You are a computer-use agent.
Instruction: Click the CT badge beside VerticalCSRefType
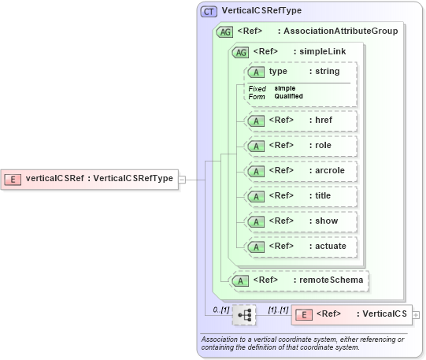point(209,12)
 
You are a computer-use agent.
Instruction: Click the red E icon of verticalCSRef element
point(13,179)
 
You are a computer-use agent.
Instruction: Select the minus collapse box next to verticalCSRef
point(182,179)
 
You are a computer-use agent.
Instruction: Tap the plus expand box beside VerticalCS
point(416,315)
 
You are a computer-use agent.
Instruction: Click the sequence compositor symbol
point(244,315)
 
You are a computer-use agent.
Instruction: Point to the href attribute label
point(323,121)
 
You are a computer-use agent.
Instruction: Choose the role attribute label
point(322,146)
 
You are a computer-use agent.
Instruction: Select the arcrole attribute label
point(329,171)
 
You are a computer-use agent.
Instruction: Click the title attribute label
point(323,196)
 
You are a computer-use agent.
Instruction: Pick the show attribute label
point(325,221)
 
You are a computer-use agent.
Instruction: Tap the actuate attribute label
point(329,247)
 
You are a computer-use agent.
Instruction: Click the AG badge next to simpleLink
point(239,52)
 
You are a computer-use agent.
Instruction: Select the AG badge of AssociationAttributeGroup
point(224,32)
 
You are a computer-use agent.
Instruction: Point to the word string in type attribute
point(327,72)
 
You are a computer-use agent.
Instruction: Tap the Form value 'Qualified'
point(288,97)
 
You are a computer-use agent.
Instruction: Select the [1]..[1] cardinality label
point(278,310)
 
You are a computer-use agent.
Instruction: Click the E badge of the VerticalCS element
point(303,314)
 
